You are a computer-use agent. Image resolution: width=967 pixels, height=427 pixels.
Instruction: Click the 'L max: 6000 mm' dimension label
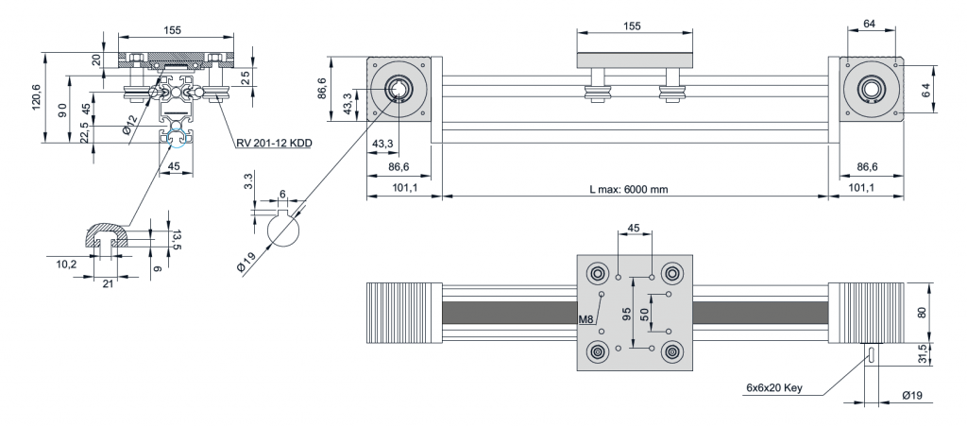[x=629, y=189]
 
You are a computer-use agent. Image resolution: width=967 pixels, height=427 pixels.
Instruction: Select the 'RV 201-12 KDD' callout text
[x=274, y=144]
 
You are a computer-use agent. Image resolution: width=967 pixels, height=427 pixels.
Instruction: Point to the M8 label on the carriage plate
[x=585, y=318]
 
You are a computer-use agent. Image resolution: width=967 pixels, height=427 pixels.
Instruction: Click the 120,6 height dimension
[x=37, y=97]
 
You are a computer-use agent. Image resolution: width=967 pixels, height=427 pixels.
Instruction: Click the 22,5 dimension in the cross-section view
[x=84, y=134]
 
